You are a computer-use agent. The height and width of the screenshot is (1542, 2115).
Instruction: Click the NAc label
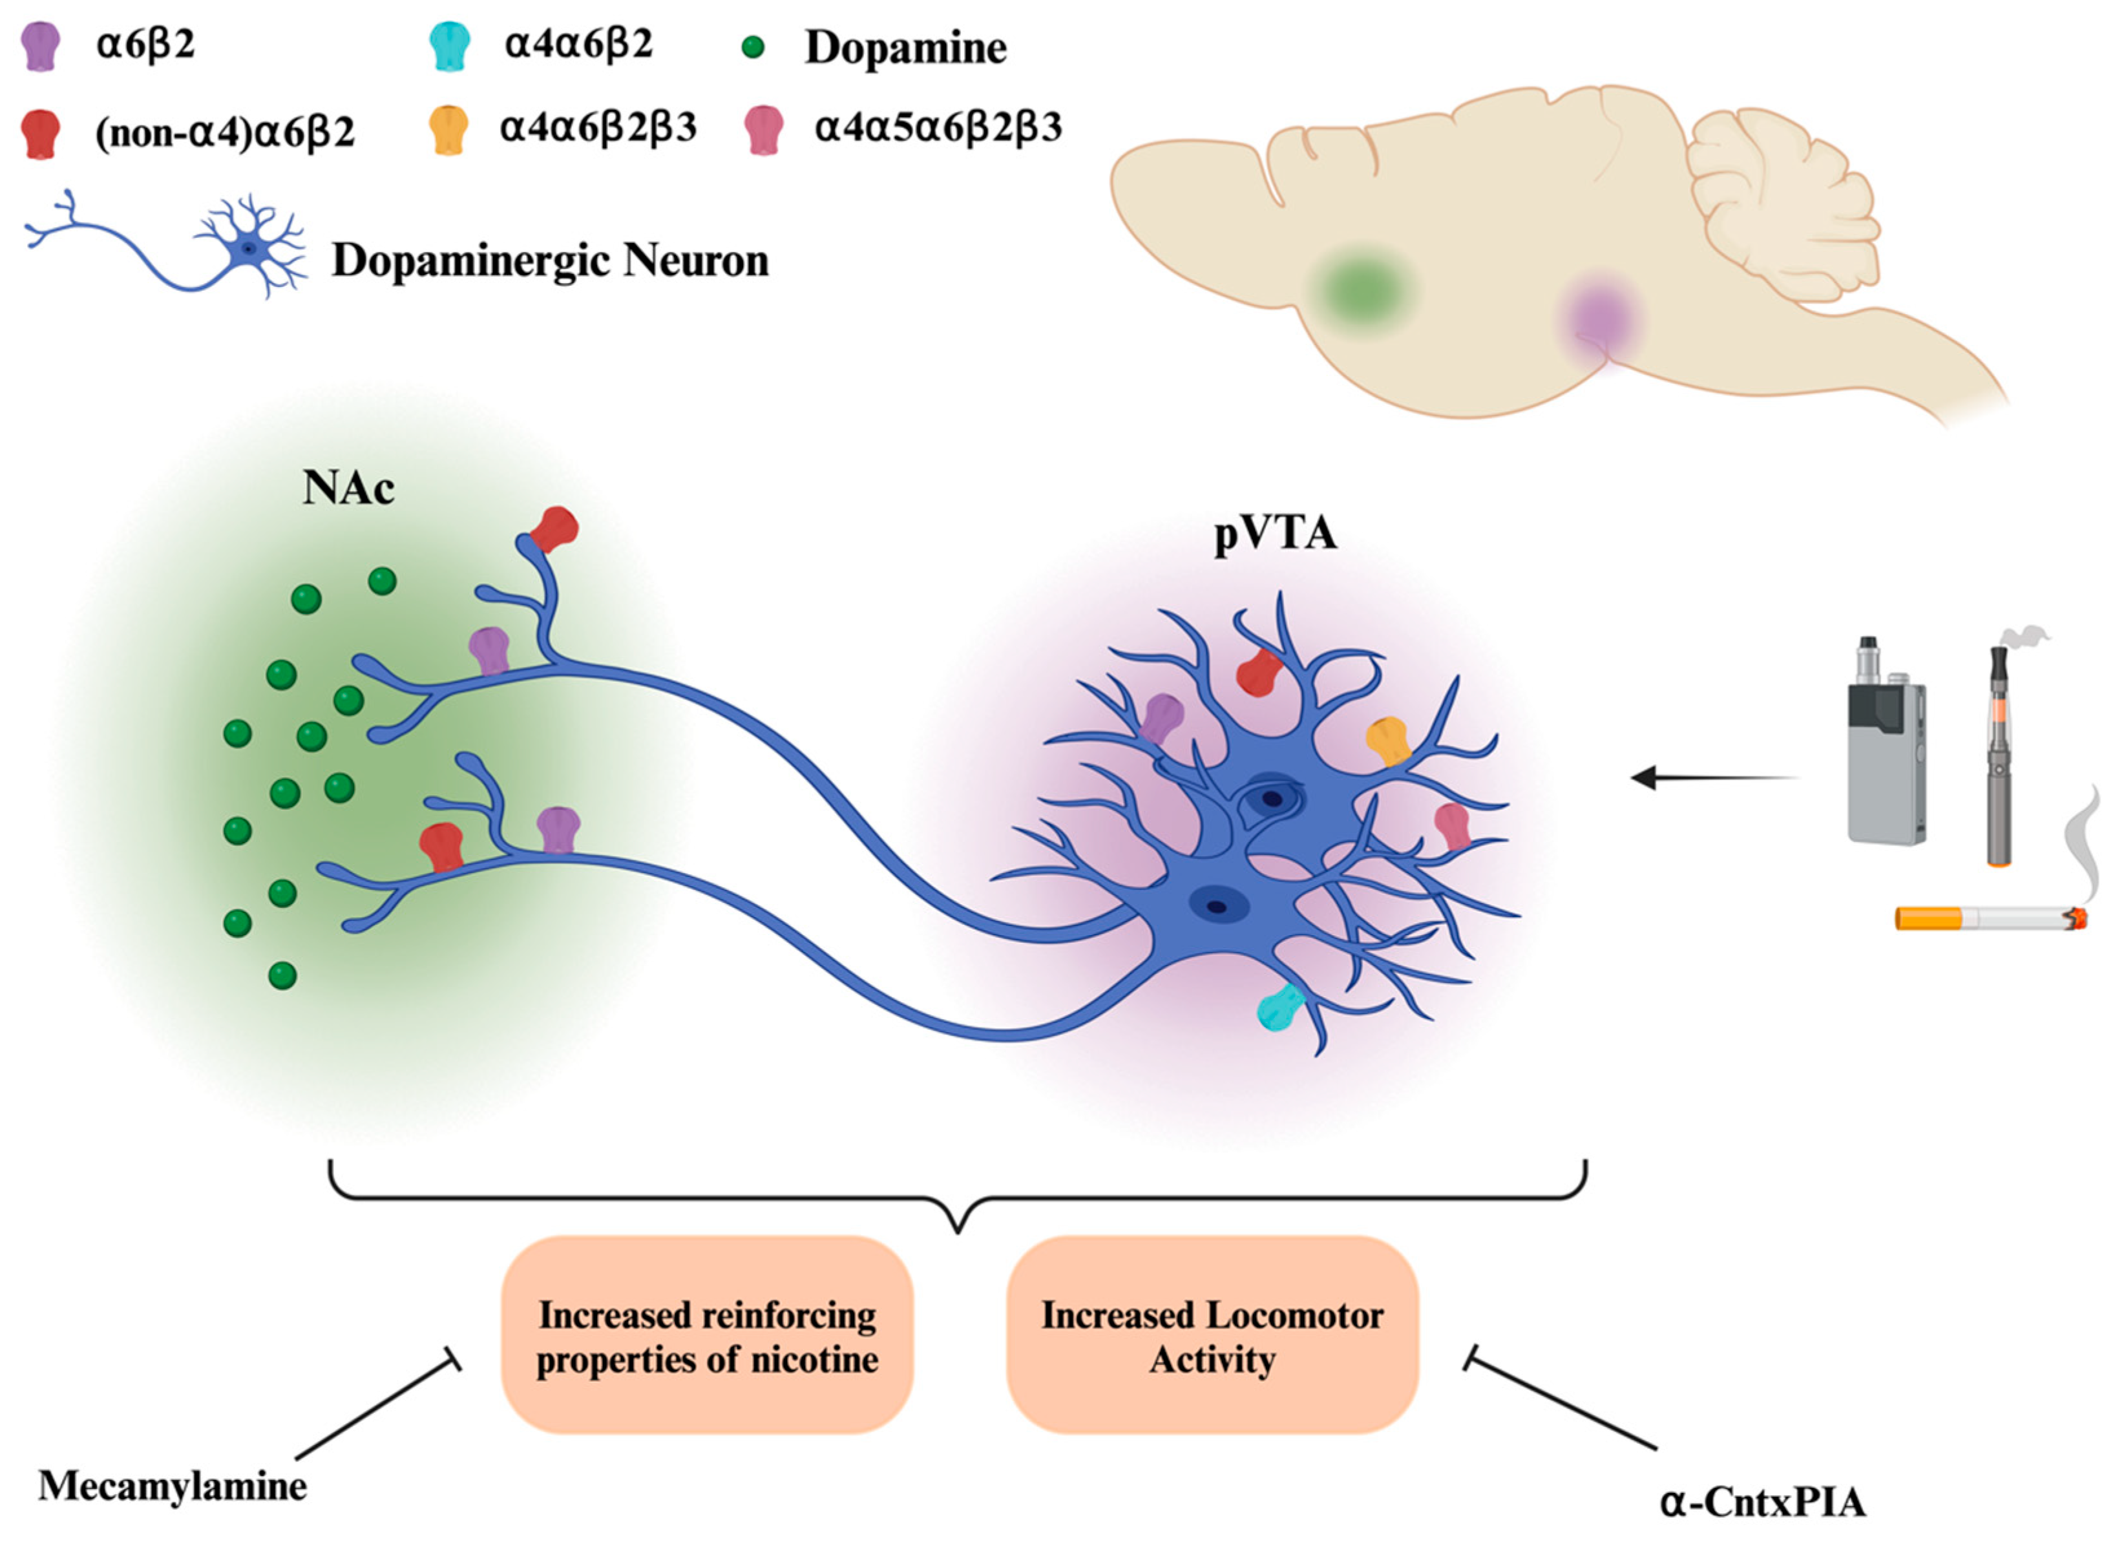[x=348, y=488]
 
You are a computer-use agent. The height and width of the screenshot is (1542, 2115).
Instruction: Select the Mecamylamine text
[x=173, y=1485]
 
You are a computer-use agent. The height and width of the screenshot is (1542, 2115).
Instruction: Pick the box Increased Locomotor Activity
[x=1212, y=1336]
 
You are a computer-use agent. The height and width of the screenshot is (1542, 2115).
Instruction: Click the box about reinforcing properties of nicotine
[x=706, y=1336]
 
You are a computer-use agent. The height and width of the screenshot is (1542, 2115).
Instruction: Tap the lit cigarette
[x=1988, y=918]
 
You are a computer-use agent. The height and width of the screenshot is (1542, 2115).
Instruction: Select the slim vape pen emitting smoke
[x=1998, y=756]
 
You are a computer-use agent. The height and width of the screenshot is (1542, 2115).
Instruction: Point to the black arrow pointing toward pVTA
[x=1712, y=777]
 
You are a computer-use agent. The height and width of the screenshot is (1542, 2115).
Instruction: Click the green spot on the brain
[x=1362, y=292]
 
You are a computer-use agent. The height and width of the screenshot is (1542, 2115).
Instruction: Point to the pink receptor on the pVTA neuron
[x=1452, y=825]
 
